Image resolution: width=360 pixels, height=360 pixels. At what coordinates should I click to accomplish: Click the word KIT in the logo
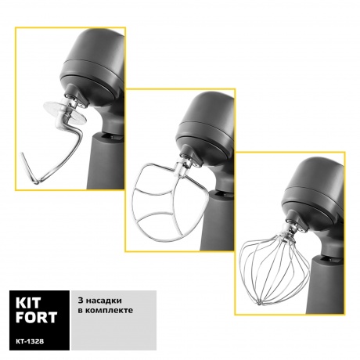click(x=28, y=303)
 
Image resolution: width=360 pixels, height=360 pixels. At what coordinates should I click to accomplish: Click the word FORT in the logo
click(x=36, y=317)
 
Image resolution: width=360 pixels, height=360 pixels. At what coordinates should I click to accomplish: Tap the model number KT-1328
click(x=30, y=341)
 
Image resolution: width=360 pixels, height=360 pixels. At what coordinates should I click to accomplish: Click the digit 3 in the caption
click(x=81, y=301)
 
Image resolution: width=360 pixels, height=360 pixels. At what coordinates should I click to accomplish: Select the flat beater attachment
click(x=170, y=202)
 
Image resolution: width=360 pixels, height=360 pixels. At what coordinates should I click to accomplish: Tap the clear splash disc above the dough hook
click(x=64, y=112)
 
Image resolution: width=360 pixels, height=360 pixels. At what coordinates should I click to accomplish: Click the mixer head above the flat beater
click(x=205, y=125)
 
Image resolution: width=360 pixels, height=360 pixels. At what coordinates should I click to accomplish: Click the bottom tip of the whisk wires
click(x=259, y=303)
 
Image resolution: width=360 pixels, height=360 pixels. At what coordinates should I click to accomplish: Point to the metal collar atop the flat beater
click(x=181, y=168)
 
